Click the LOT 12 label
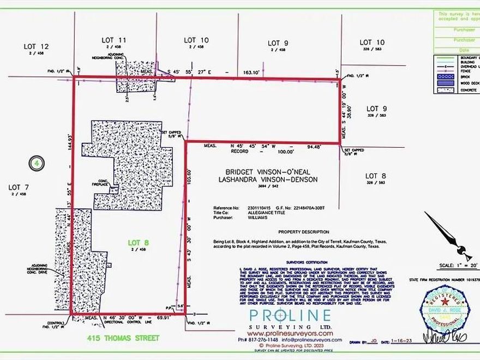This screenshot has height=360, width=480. click(37, 46)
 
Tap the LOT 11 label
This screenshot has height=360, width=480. click(115, 40)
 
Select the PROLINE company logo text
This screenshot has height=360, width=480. click(290, 316)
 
